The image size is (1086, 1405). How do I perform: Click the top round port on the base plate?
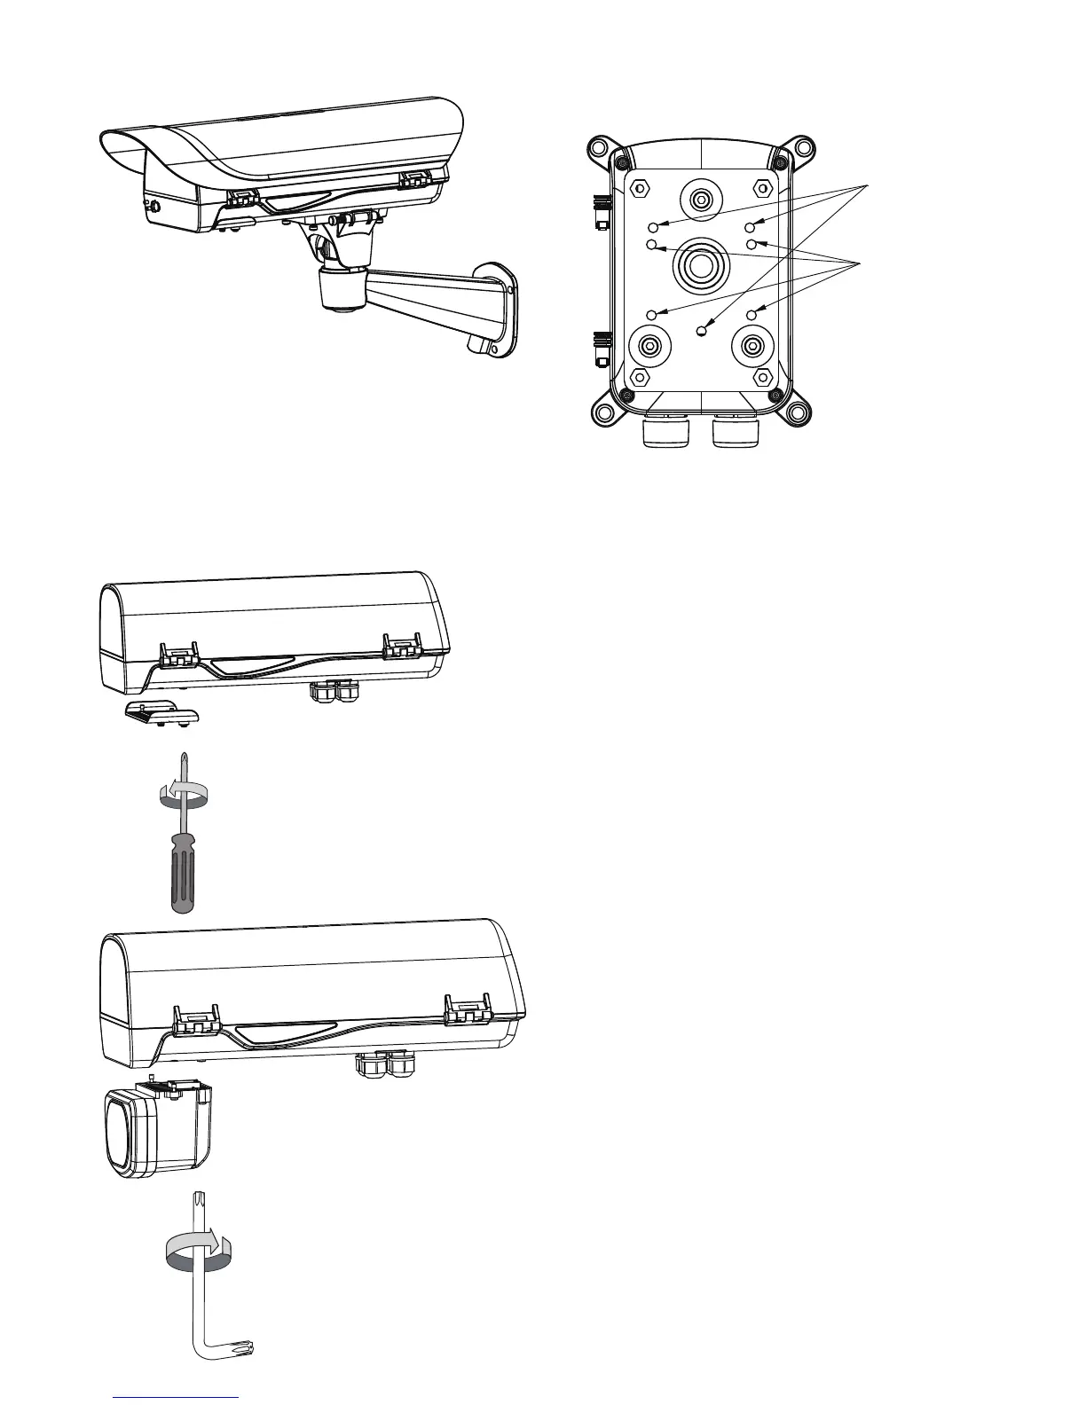701,200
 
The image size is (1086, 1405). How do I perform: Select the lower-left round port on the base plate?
650,348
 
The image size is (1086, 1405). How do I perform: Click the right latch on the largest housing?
468,1015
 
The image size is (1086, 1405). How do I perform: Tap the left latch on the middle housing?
178,655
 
